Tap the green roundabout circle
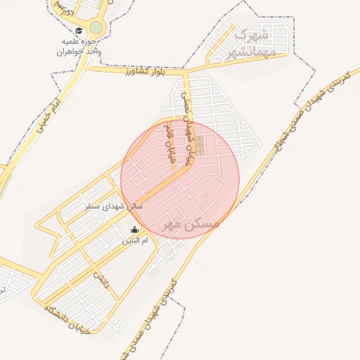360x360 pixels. pos(96,28)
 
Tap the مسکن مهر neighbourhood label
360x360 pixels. pos(191,224)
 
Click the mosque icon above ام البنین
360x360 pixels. pos(135,229)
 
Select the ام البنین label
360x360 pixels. pos(136,241)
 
